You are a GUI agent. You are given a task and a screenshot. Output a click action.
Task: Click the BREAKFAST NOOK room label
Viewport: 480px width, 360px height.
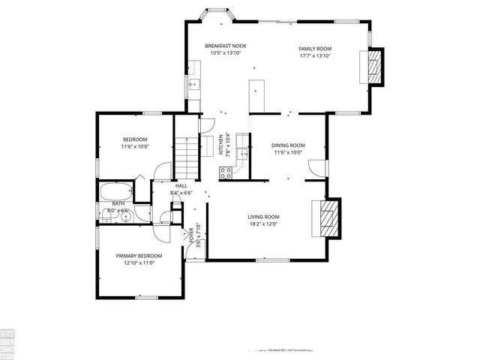[226, 46]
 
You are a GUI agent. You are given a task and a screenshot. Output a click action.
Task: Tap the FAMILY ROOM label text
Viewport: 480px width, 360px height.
[315, 49]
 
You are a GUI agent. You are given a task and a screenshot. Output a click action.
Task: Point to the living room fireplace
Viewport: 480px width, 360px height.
[328, 217]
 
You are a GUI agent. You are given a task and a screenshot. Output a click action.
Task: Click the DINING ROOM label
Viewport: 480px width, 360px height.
[288, 145]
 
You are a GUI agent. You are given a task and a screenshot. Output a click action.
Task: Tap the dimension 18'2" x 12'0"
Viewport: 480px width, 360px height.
[263, 223]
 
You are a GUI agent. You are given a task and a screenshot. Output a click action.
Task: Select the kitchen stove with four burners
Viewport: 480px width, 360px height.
[225, 172]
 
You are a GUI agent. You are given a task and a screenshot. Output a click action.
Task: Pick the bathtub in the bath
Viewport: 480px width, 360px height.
[116, 190]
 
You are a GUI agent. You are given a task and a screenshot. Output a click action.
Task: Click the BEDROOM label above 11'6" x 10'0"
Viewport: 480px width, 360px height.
[135, 139]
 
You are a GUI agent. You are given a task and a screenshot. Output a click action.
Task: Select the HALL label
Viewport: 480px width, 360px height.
[181, 186]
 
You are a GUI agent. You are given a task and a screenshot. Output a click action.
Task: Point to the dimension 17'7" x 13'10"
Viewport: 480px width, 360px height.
[315, 56]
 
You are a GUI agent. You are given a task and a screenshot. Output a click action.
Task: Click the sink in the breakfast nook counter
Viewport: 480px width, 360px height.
[193, 85]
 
